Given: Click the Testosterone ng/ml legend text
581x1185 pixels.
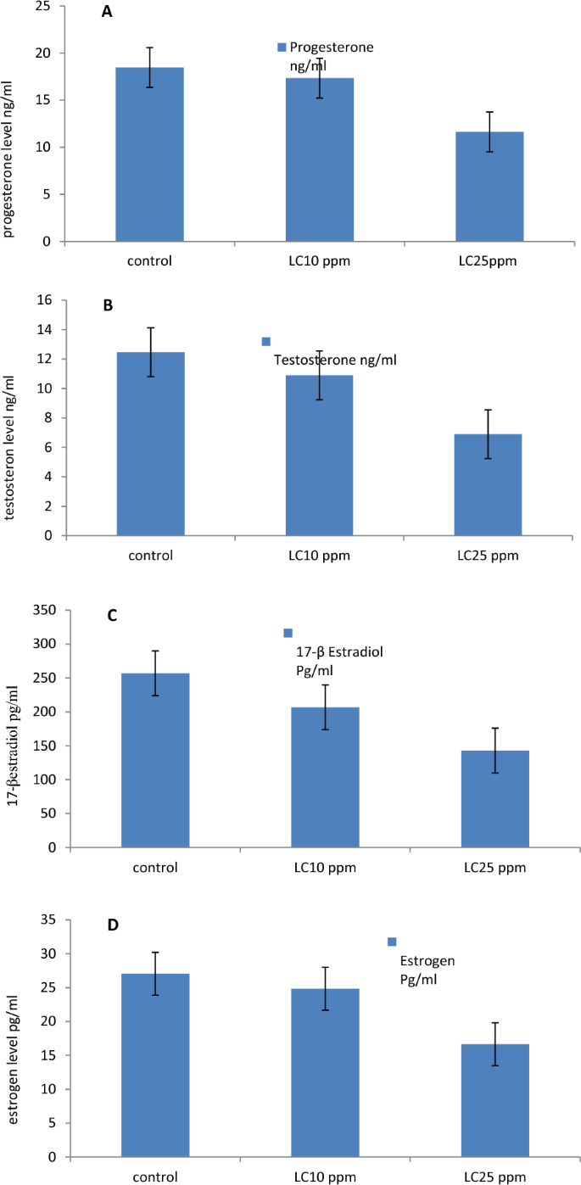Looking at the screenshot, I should [334, 360].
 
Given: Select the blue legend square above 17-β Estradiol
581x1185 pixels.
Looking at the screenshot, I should [288, 633].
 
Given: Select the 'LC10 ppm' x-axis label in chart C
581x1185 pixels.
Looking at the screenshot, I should [325, 867].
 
